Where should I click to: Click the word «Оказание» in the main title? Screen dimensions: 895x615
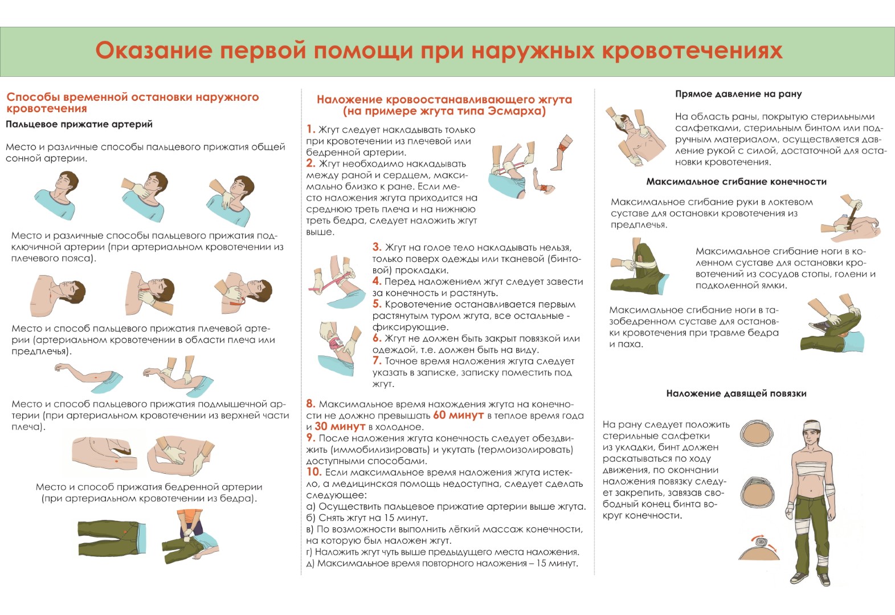click(x=154, y=51)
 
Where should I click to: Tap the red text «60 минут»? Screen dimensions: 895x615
click(x=458, y=415)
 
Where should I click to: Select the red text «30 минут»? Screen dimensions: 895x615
click(x=340, y=427)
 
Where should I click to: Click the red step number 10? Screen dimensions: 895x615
click(x=314, y=472)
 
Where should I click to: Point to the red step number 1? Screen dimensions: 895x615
click(x=310, y=129)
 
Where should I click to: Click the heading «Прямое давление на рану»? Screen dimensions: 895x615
click(x=738, y=95)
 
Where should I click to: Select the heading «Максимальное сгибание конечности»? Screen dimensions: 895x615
click(x=736, y=182)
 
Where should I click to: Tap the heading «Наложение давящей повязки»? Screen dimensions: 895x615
click(x=736, y=393)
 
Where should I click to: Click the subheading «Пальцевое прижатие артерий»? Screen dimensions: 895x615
click(x=79, y=124)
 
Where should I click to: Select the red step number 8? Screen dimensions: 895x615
click(x=311, y=404)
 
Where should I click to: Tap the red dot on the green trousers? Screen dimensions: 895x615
click(x=125, y=532)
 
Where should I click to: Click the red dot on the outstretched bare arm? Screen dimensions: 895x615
click(x=96, y=376)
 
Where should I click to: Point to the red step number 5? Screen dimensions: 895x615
click(x=377, y=304)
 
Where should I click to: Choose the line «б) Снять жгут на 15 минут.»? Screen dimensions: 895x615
click(x=367, y=518)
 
